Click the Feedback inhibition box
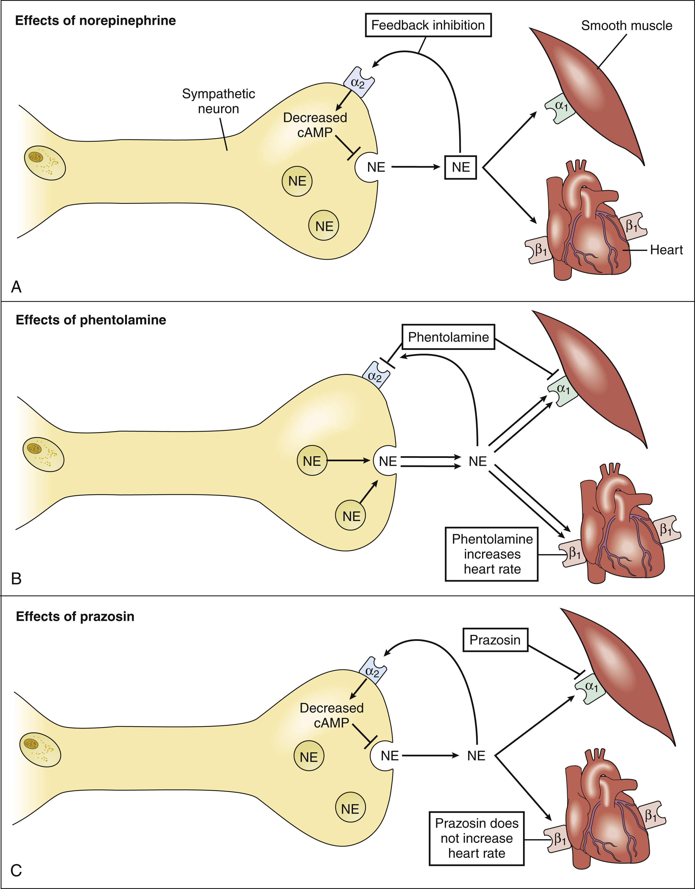click(428, 25)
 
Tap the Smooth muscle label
click(626, 26)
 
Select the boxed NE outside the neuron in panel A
click(461, 167)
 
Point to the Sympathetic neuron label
click(219, 101)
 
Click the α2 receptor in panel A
click(358, 83)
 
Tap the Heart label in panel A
click(666, 250)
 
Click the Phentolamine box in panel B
click(448, 337)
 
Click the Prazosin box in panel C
click(495, 640)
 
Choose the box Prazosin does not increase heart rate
click(476, 838)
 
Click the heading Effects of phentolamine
click(91, 320)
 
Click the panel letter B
click(16, 578)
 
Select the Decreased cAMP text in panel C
click(331, 715)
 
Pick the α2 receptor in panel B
click(375, 376)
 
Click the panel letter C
click(16, 871)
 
